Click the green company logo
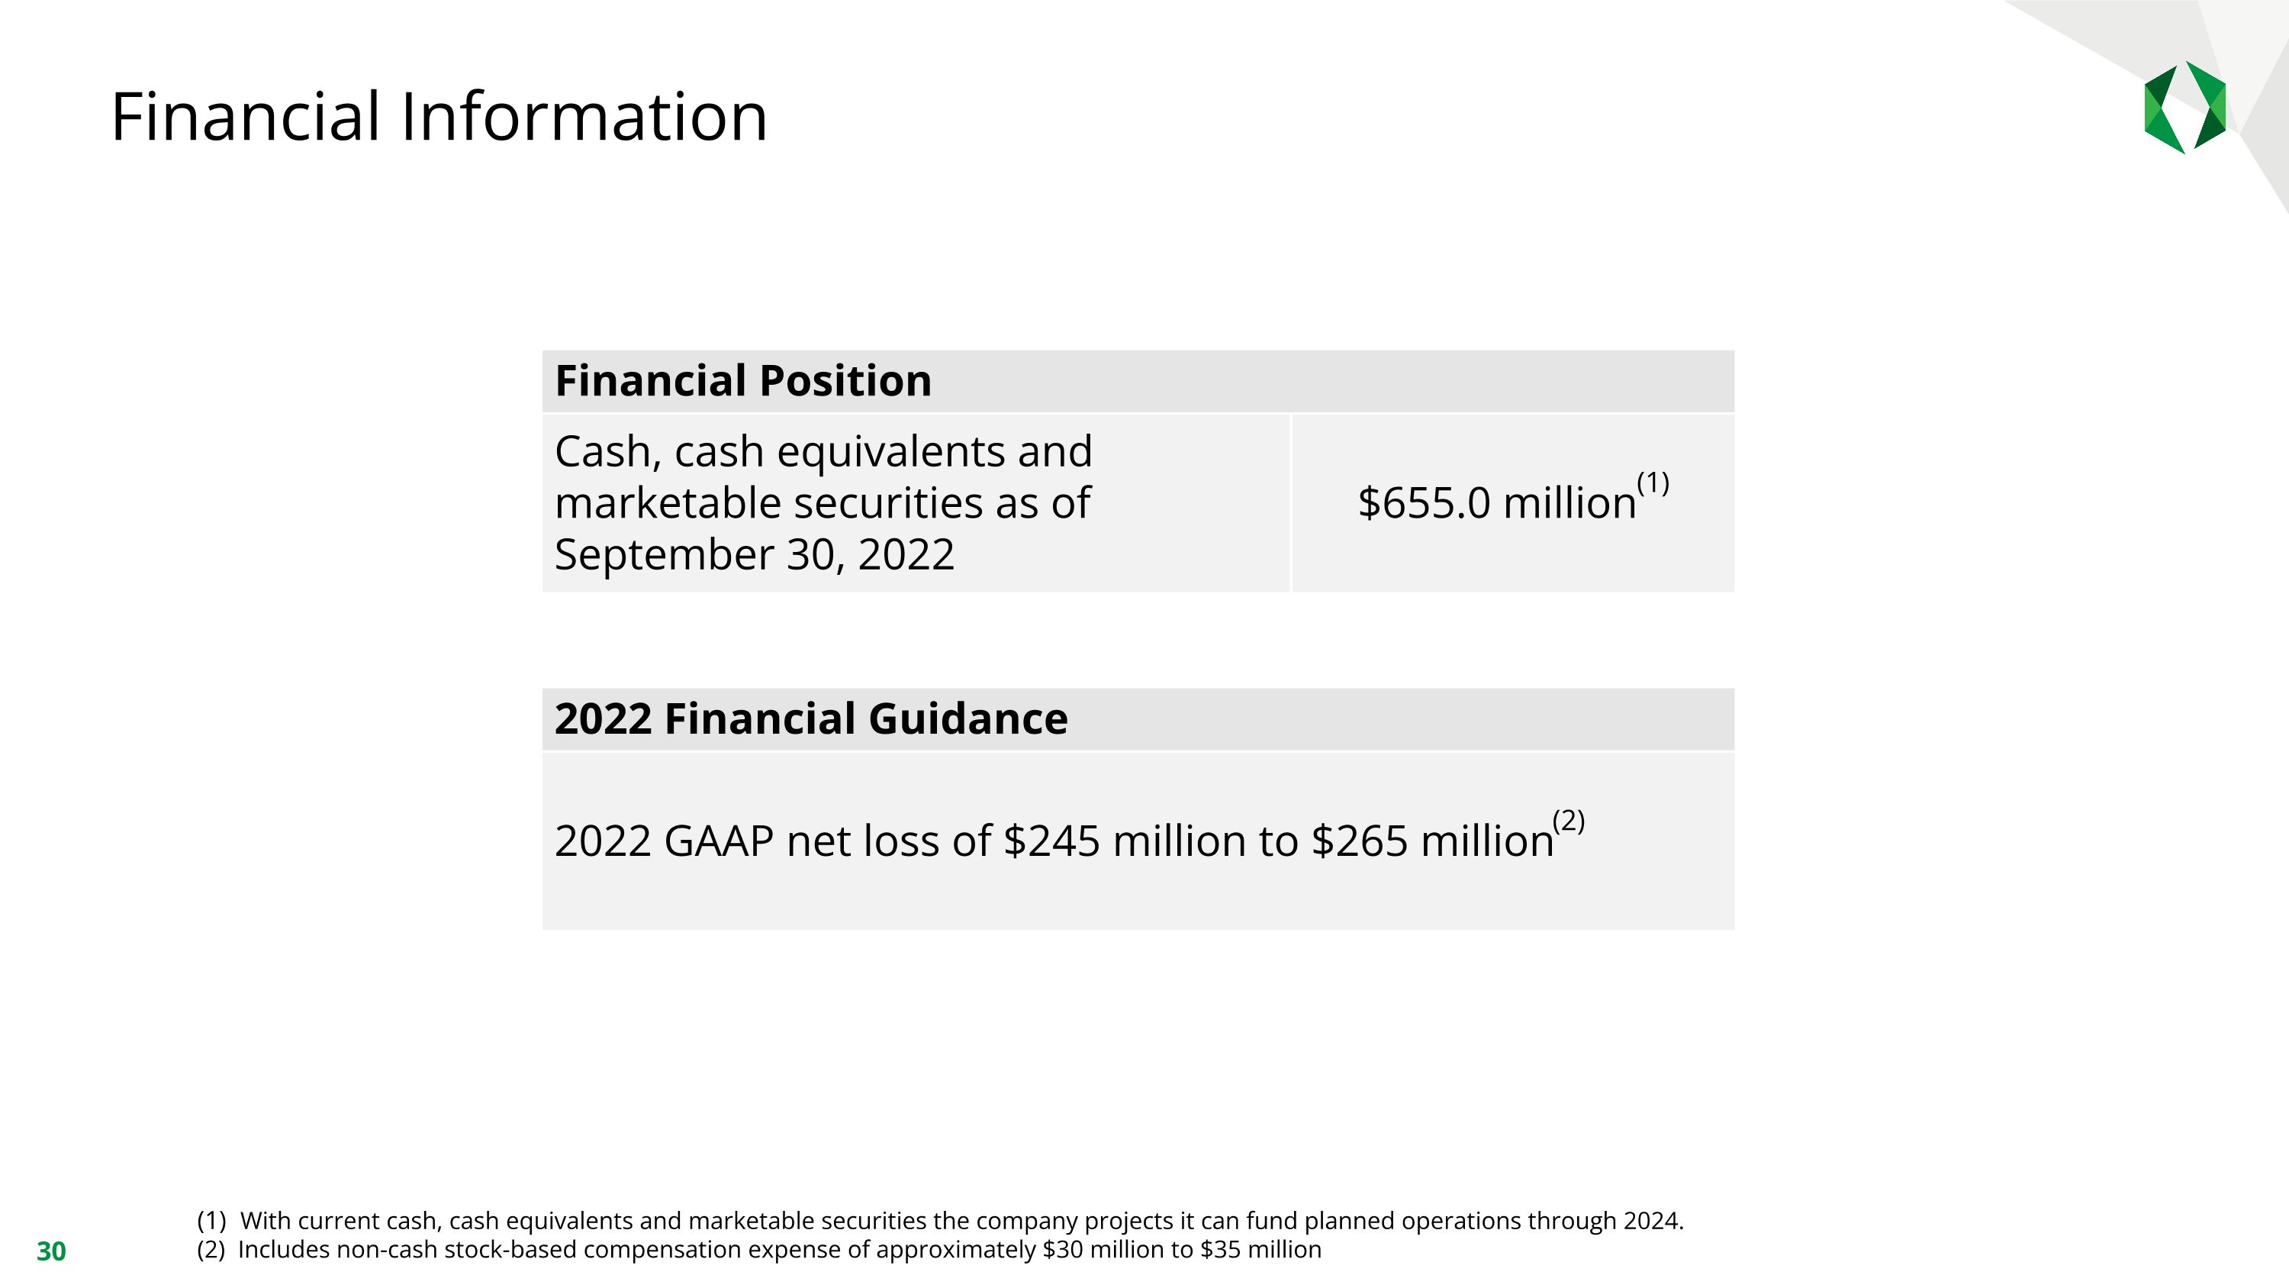[2184, 108]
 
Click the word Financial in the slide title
[244, 118]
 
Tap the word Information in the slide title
[584, 118]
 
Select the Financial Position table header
[743, 381]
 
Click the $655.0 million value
[1496, 503]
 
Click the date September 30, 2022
[755, 554]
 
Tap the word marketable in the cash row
[668, 503]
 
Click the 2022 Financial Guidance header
[810, 719]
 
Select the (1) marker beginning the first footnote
[211, 1221]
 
